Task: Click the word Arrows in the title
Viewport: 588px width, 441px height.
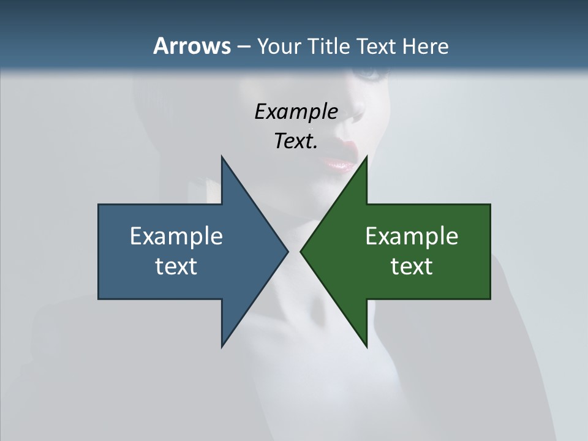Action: (191, 46)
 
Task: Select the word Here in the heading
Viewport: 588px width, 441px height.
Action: (425, 46)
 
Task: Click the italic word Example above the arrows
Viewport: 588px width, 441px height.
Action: (296, 111)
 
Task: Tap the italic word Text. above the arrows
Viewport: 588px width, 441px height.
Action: (296, 141)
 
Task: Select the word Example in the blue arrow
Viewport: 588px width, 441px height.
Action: (176, 236)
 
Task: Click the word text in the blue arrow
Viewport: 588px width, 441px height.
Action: (176, 266)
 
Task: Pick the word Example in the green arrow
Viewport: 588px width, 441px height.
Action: (412, 236)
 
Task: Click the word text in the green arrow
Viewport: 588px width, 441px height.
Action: (412, 266)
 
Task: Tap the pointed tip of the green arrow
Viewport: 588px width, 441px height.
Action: (301, 251)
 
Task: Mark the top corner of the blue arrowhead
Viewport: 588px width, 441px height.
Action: (222, 157)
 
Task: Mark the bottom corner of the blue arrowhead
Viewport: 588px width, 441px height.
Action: (222, 346)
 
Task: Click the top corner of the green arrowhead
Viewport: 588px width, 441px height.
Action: (366, 157)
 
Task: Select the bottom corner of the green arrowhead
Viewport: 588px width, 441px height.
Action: (366, 346)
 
